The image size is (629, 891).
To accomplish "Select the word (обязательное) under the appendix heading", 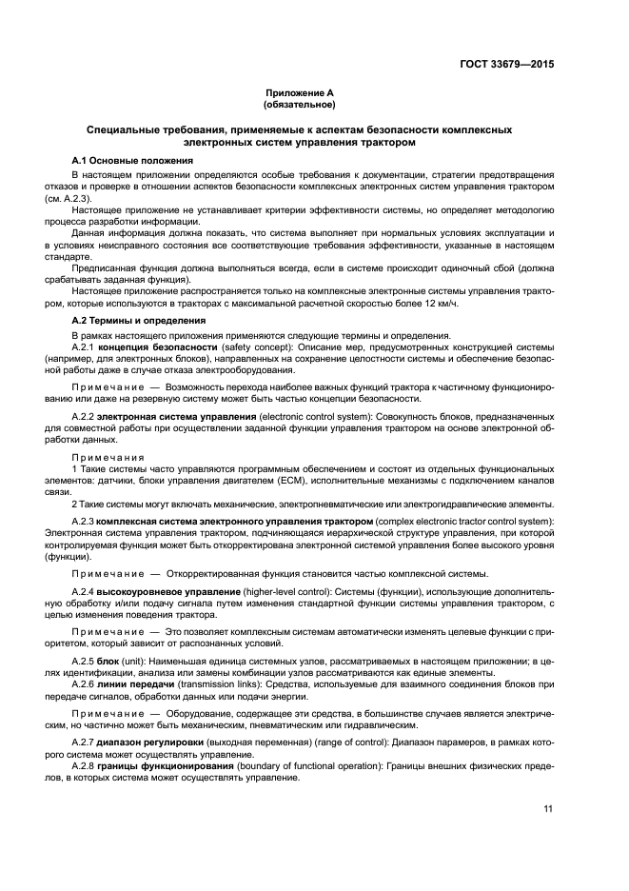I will tap(299, 106).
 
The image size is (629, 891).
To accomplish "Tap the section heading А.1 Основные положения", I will tap(133, 161).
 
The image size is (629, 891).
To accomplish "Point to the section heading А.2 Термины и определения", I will tap(140, 321).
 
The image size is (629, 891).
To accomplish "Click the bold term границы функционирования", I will tap(162, 766).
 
